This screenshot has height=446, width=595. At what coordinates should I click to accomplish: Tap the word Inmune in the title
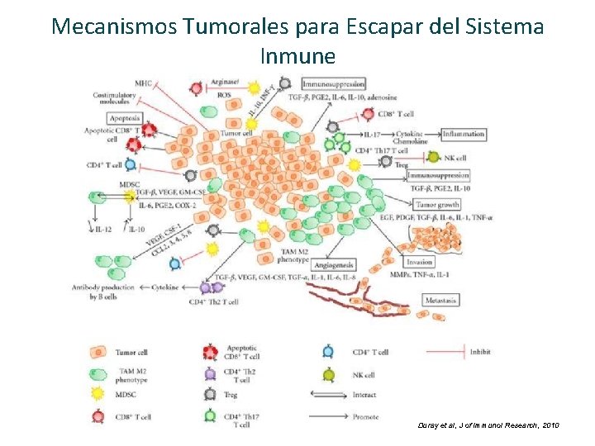(x=297, y=56)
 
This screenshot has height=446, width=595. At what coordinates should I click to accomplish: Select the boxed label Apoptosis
(x=107, y=118)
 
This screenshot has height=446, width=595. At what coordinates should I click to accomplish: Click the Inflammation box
(x=463, y=134)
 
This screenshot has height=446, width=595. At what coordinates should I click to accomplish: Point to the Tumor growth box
(x=438, y=204)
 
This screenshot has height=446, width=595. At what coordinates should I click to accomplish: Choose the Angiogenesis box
(x=334, y=265)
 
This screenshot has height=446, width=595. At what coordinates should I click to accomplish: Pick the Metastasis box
(x=440, y=300)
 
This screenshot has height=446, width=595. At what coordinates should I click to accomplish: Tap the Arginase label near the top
(x=225, y=82)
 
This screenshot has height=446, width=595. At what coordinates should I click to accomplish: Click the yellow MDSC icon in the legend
(x=98, y=396)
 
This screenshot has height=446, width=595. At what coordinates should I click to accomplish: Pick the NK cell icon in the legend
(x=329, y=373)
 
